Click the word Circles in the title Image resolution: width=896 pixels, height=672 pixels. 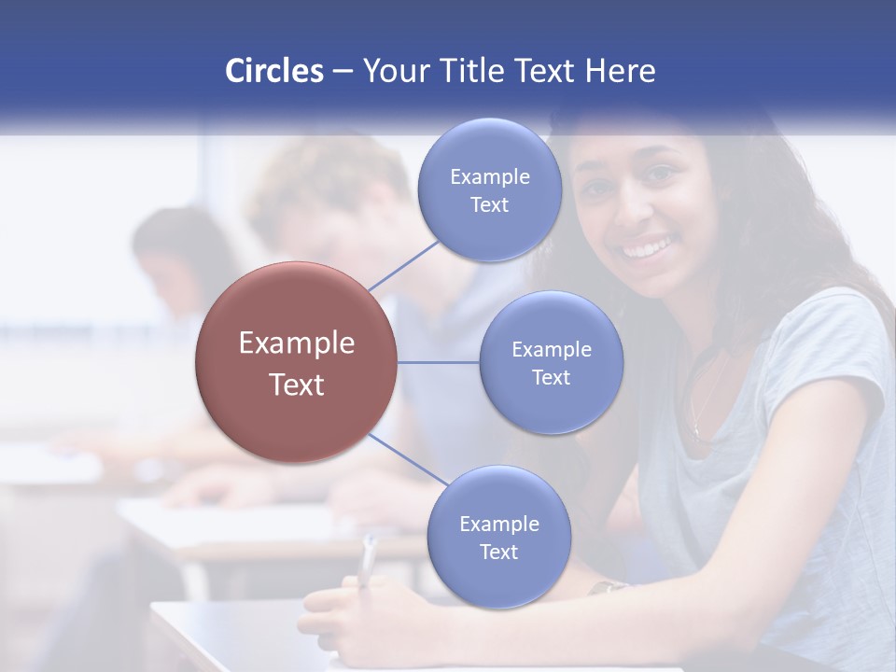coord(273,71)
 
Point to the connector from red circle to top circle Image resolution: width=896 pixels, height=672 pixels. coord(404,265)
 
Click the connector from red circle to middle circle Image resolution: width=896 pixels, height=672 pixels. coord(439,362)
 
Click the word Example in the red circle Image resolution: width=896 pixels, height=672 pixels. coord(296,343)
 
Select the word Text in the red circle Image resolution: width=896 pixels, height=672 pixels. coord(296,385)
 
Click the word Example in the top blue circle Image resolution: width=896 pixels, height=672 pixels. coord(489,177)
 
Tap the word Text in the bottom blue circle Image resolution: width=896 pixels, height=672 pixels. coord(498,553)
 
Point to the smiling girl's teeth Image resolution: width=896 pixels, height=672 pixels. coord(648,249)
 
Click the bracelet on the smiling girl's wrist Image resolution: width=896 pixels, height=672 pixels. coord(609,588)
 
